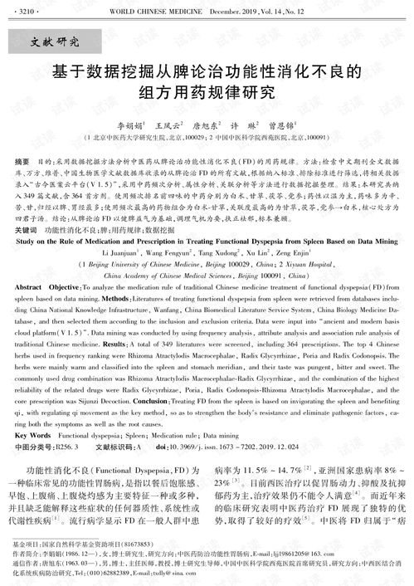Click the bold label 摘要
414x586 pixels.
pyautogui.click(x=25, y=156)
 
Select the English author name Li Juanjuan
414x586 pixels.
pyautogui.click(x=121, y=248)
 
